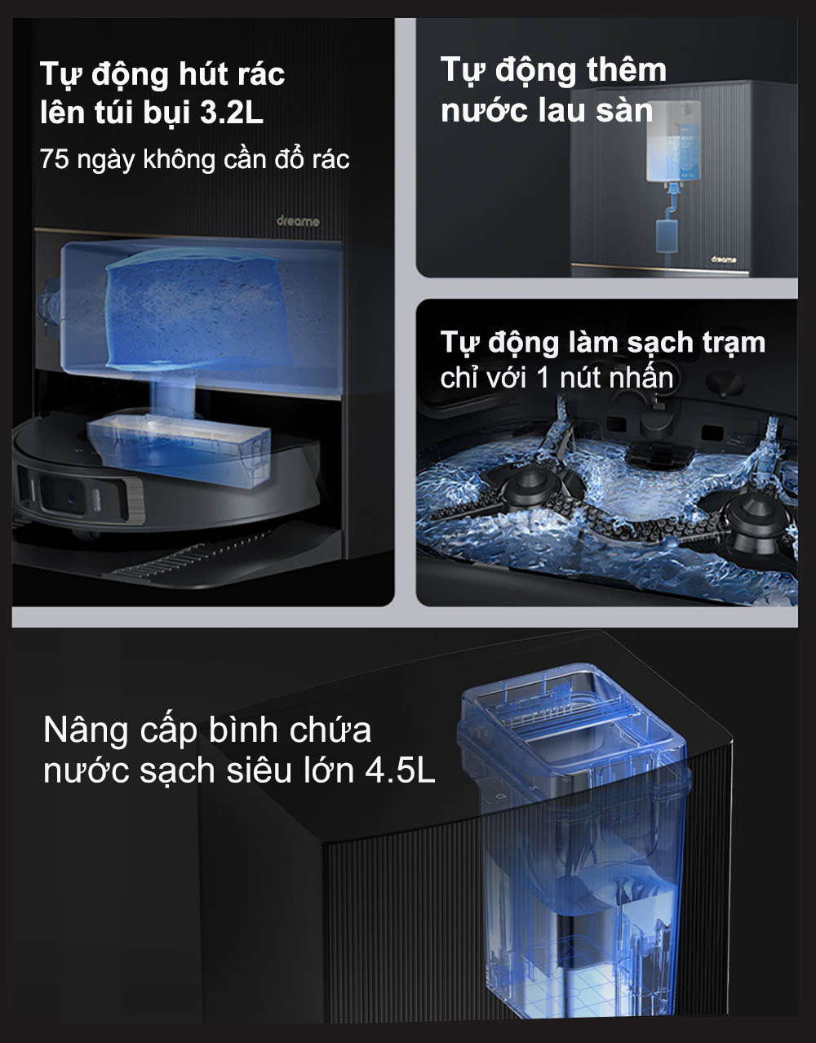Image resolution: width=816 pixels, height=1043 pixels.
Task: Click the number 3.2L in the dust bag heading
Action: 233,113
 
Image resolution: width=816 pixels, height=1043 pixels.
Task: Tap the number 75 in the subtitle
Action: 54,159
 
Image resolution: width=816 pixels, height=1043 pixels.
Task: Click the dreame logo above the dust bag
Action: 298,221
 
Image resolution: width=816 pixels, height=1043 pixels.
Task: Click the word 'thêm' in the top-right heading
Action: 626,71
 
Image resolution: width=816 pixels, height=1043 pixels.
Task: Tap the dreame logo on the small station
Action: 723,260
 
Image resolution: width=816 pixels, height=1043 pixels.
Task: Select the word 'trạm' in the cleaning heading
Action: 730,343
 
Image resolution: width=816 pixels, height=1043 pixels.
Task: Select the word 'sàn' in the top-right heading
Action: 624,111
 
